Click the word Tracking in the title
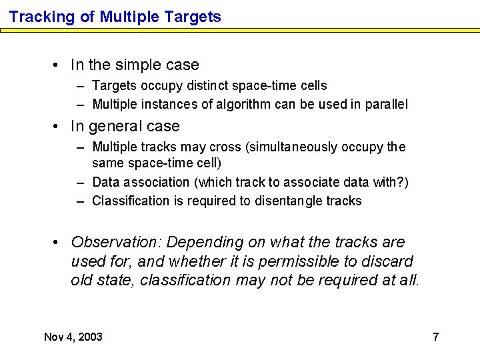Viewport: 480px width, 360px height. (x=41, y=17)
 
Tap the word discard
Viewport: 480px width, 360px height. (x=389, y=261)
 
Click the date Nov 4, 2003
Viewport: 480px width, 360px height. (x=73, y=337)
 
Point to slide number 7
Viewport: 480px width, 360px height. (x=435, y=337)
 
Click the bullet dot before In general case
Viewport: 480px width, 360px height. (x=60, y=126)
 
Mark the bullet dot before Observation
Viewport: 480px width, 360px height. (x=60, y=242)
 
